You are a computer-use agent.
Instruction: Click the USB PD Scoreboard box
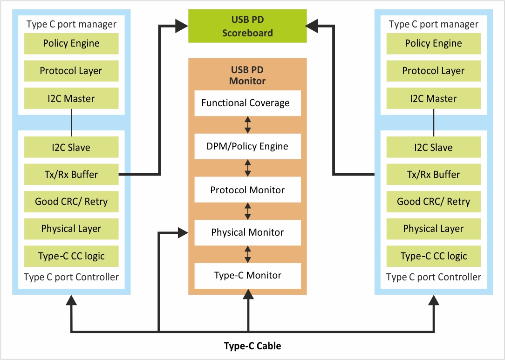coord(247,26)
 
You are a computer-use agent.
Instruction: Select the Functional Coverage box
coord(247,103)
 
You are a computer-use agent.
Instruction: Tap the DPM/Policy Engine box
coord(247,147)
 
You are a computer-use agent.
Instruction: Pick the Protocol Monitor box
coord(247,190)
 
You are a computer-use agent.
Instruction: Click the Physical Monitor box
coord(247,232)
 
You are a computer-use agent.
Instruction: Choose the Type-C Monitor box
coord(247,275)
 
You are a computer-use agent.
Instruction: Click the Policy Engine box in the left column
coord(71,43)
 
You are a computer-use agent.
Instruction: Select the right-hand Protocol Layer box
coord(433,71)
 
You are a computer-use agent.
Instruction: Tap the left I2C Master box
coord(71,99)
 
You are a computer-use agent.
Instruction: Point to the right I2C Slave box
coord(433,148)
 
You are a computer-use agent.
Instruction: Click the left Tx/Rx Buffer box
coord(71,175)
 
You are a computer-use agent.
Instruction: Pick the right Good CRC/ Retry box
coord(433,202)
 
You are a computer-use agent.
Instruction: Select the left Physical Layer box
coord(71,229)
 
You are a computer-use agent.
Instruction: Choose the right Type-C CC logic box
coord(433,256)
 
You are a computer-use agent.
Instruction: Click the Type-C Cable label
coord(252,346)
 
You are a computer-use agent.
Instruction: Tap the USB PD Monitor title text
coord(247,75)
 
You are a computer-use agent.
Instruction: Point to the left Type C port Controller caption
coord(71,277)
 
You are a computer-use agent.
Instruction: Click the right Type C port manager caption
coord(433,24)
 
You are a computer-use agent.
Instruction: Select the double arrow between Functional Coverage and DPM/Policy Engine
coord(248,125)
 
